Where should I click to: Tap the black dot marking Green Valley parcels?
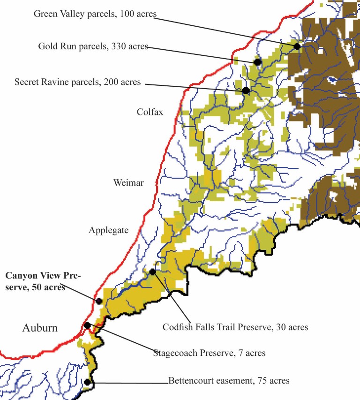click(x=297, y=46)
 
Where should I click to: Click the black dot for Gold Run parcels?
click(x=257, y=62)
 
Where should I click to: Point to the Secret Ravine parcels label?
click(x=77, y=82)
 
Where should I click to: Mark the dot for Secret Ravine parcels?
click(x=246, y=90)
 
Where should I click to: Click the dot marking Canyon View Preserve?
click(x=99, y=301)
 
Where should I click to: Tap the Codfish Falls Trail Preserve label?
click(x=235, y=327)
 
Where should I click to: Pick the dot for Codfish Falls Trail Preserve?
click(x=152, y=272)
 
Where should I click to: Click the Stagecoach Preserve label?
click(x=209, y=353)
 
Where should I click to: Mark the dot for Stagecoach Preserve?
click(x=87, y=325)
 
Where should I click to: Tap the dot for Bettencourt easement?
click(x=87, y=382)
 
